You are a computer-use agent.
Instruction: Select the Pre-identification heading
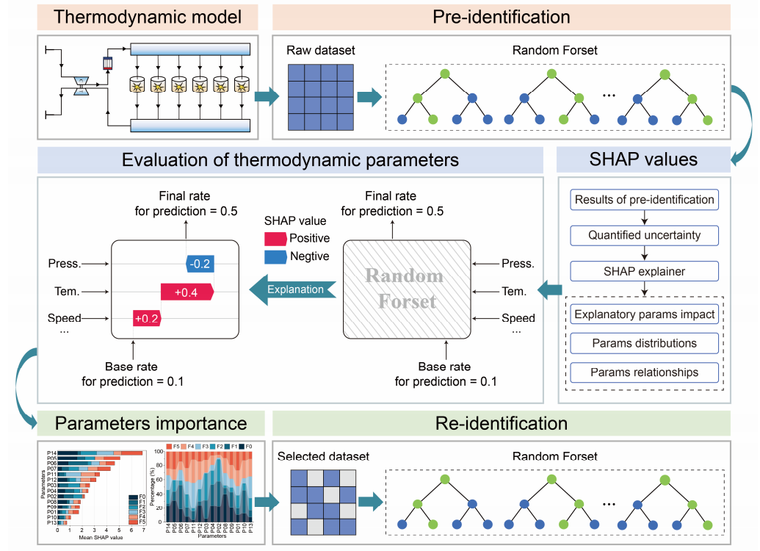coord(502,15)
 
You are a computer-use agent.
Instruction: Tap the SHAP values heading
coord(645,159)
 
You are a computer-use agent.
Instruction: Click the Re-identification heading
coord(502,423)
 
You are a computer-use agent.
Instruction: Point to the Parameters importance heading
coord(151,423)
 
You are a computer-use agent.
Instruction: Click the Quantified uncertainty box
coord(644,236)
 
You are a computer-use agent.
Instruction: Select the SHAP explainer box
coord(644,272)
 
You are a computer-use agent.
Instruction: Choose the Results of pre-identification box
coord(644,200)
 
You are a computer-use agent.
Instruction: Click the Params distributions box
coord(644,343)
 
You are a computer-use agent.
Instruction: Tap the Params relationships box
coord(644,372)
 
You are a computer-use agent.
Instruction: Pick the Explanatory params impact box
coord(644,314)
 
